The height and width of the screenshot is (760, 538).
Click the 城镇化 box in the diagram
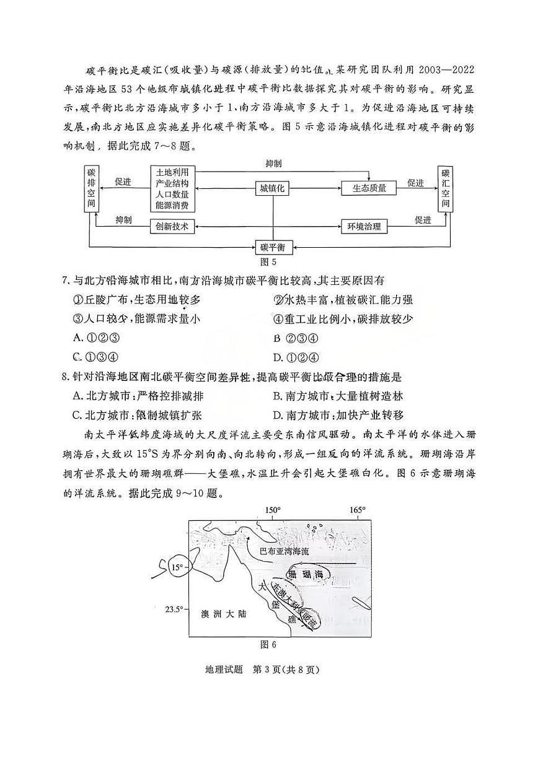[x=273, y=188]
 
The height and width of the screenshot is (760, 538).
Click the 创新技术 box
[x=173, y=226]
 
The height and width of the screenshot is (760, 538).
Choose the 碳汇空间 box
[x=445, y=188]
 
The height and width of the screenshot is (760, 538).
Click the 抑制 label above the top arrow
[x=273, y=164]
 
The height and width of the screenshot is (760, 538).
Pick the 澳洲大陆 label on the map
[x=224, y=614]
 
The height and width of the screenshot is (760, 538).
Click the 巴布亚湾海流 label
[x=284, y=551]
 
